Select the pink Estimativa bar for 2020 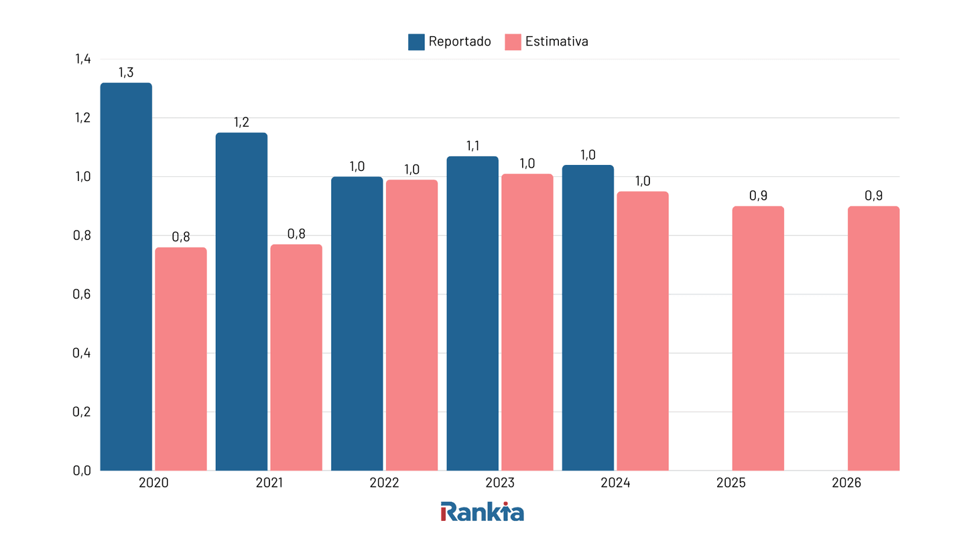coord(181,359)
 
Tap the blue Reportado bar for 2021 coord(241,302)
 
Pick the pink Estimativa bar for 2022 coord(411,325)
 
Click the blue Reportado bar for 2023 coord(472,313)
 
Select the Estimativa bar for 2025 coord(758,338)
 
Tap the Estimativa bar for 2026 coord(873,338)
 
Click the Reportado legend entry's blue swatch coord(416,42)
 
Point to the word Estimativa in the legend coord(556,42)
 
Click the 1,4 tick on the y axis coord(82,59)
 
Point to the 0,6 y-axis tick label coord(82,294)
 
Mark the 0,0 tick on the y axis coord(82,471)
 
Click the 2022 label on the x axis coord(384,483)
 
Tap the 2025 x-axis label coord(730,483)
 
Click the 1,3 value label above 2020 coord(126,72)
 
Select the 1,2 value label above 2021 coord(241,123)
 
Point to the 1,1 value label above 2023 coord(472,146)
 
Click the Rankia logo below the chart coord(482,511)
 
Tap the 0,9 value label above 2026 coord(873,196)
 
